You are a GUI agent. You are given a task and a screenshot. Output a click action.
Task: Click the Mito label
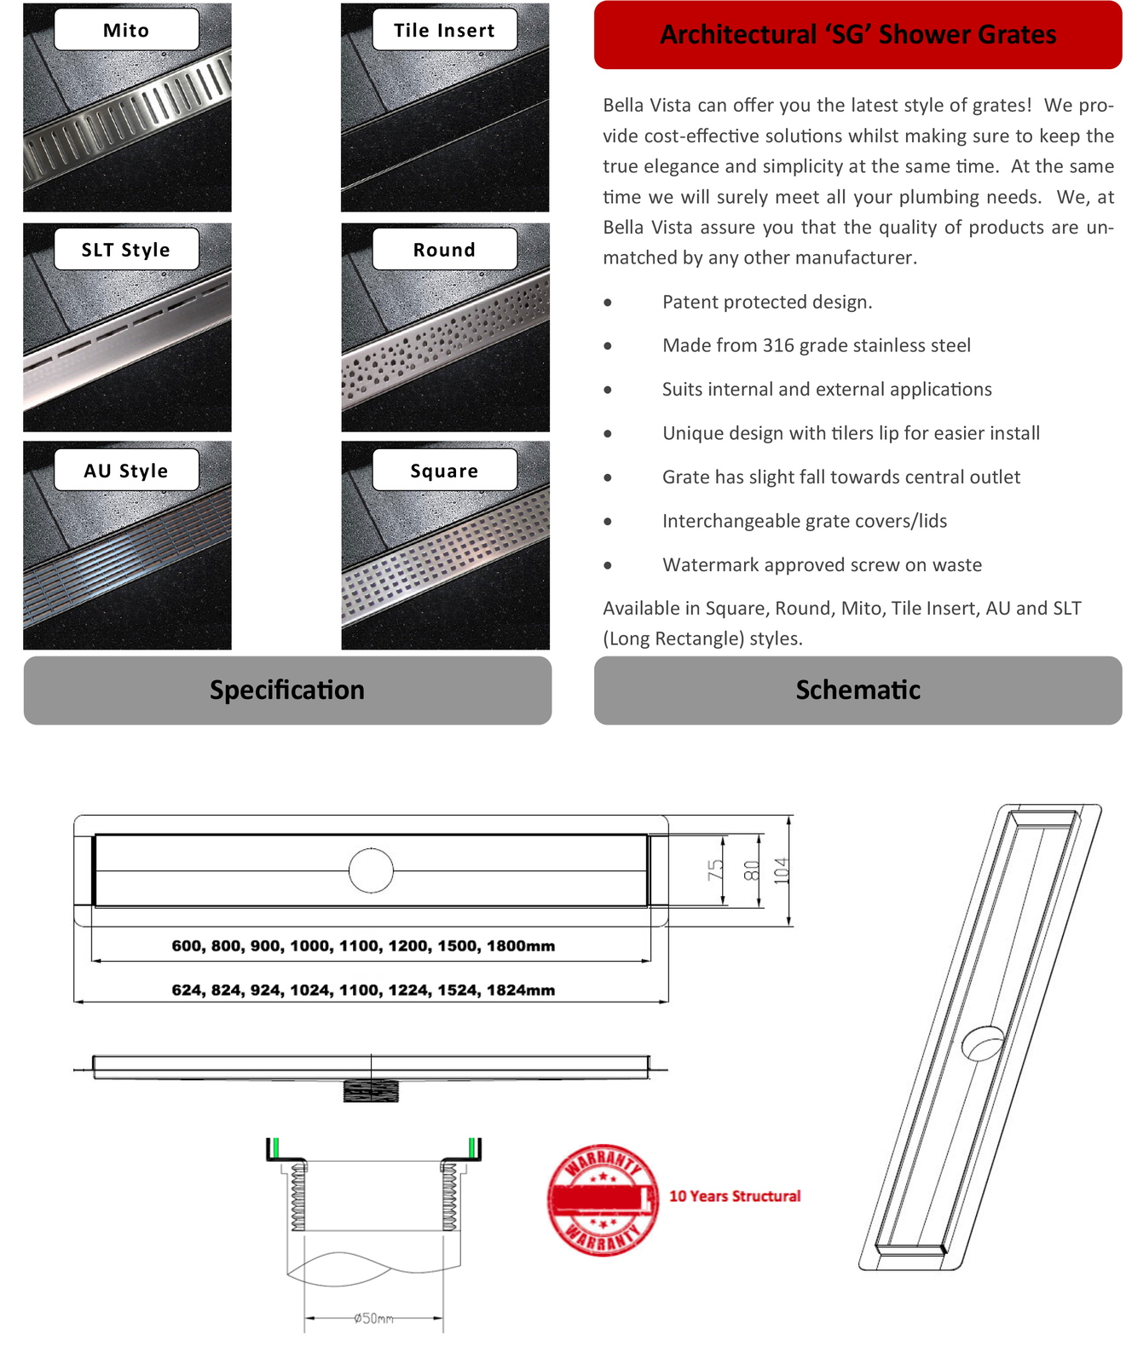126,31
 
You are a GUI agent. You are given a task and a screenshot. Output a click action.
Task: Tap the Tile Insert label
444,31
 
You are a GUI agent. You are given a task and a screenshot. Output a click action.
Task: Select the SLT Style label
126,250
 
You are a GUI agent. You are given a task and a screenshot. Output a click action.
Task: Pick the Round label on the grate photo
444,250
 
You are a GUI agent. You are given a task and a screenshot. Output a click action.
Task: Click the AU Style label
126,471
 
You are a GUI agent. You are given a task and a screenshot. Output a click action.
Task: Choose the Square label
444,471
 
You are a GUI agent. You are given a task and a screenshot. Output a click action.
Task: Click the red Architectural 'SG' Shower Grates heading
857,35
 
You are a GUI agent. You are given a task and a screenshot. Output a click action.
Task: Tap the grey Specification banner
287,690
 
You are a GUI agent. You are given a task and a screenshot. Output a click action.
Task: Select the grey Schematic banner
857,690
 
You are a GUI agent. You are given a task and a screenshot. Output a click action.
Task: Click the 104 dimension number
781,870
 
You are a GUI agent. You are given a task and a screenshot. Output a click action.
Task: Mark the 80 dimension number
750,870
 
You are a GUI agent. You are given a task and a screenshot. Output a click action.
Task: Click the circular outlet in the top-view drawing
371,870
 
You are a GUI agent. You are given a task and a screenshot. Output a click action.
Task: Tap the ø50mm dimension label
373,1318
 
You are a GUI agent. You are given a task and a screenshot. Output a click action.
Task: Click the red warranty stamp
603,1199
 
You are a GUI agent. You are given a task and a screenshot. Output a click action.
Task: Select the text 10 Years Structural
735,1196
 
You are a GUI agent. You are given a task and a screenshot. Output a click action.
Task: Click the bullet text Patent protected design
767,302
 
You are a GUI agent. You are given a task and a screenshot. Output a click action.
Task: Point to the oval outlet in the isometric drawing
983,1043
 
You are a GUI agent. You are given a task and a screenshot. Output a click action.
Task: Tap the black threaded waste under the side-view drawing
371,1090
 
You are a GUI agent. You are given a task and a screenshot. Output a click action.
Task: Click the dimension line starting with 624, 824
363,991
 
